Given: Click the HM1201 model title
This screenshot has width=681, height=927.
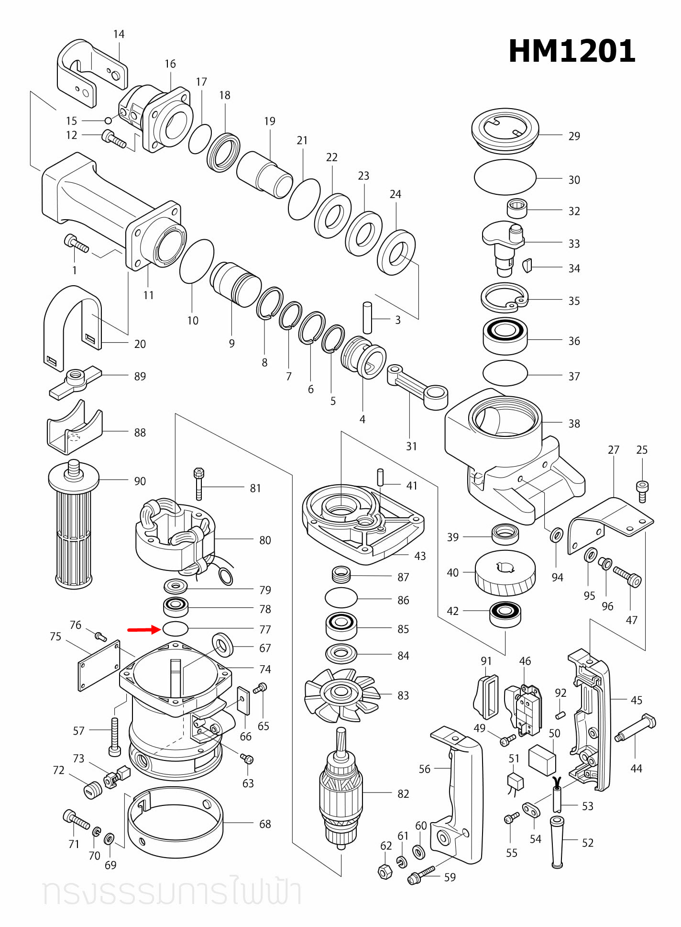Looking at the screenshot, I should pos(571,51).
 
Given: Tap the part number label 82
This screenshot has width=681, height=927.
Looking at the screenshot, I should pos(403,794).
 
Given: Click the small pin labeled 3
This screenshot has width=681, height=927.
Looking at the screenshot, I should pos(367,317).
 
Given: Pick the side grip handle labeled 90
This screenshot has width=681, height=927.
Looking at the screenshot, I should pos(74,526).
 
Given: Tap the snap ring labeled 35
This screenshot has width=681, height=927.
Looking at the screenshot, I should pos(504,299).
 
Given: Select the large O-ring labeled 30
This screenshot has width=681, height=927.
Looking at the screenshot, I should pos(505,178).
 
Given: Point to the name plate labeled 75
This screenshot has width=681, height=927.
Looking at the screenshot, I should pos(99,666).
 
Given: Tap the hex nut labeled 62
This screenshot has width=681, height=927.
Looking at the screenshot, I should pos(385,871).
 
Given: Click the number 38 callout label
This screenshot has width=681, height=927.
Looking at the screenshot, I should pos(574,424).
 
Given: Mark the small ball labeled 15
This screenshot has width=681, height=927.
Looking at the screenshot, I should pos(109,120).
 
